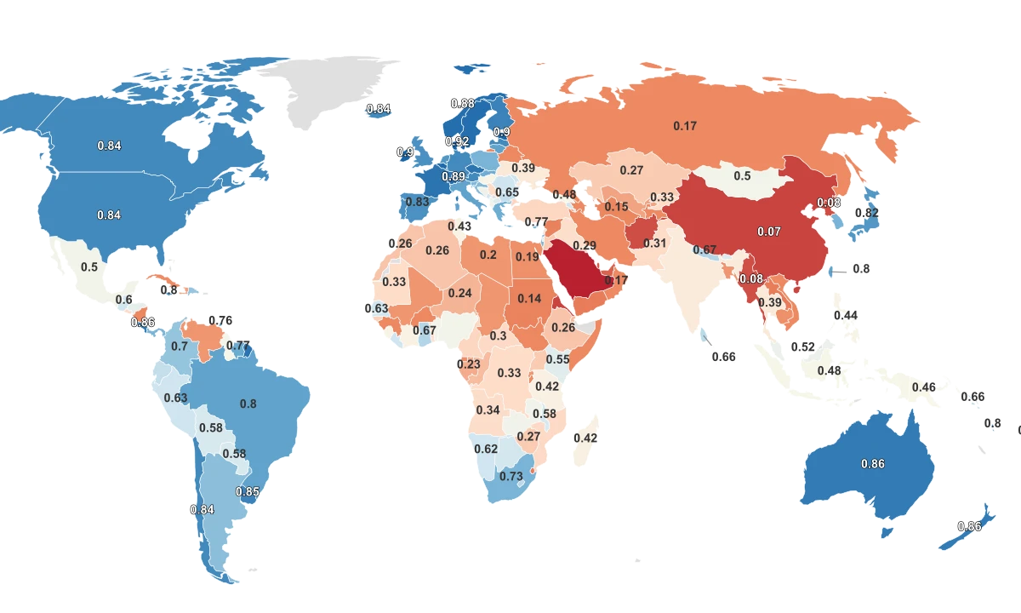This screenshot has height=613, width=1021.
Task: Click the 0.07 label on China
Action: pyautogui.click(x=768, y=231)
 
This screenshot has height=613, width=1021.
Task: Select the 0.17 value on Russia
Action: pyautogui.click(x=685, y=126)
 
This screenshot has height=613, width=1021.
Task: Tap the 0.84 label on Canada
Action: pyautogui.click(x=109, y=146)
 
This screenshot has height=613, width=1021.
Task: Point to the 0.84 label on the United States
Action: pyautogui.click(x=109, y=215)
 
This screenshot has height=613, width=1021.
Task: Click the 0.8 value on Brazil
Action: pyautogui.click(x=248, y=404)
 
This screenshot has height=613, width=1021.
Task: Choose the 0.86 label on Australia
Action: pyautogui.click(x=873, y=464)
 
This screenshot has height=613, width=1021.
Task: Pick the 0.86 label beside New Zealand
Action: pyautogui.click(x=969, y=526)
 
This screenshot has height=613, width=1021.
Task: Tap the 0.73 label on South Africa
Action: pyautogui.click(x=510, y=476)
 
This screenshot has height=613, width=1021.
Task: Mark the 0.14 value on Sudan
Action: pyautogui.click(x=529, y=298)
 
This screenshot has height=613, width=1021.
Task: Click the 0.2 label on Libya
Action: pyautogui.click(x=488, y=255)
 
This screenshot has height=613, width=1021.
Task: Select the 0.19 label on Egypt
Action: pyautogui.click(x=527, y=257)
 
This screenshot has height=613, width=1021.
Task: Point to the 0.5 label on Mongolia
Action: pyautogui.click(x=742, y=175)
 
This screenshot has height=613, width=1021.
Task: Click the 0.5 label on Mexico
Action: pyautogui.click(x=89, y=266)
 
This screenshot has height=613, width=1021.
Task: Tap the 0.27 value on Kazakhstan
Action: pyautogui.click(x=631, y=170)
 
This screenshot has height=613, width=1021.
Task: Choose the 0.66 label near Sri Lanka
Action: pyautogui.click(x=723, y=357)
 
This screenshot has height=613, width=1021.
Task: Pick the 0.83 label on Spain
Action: pyautogui.click(x=417, y=202)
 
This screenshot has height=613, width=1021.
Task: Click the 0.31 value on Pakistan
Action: pyautogui.click(x=654, y=243)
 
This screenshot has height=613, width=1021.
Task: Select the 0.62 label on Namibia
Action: pyautogui.click(x=485, y=449)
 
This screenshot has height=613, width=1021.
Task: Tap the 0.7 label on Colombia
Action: pyautogui.click(x=180, y=347)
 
